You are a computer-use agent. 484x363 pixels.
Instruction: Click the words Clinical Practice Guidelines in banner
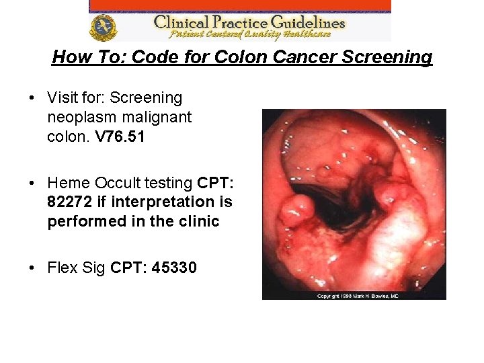249,21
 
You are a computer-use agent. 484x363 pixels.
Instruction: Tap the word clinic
198,221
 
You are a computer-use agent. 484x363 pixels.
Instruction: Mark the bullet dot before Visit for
32,98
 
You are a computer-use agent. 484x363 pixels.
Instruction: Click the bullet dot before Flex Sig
32,268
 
